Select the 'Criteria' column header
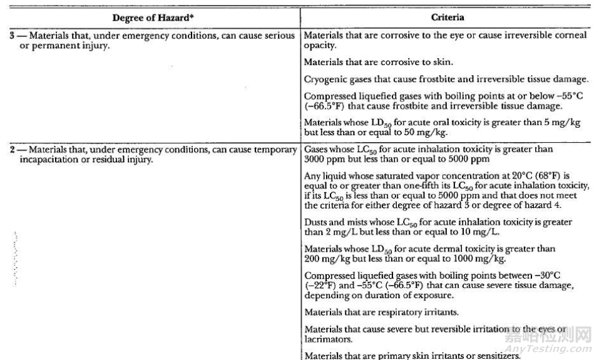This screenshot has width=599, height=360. click(448, 17)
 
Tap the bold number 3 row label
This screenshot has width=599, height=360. click(13, 36)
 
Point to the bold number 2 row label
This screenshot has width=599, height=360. click(13, 150)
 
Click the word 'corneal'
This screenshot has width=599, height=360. click(565, 36)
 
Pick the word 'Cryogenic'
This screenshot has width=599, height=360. click(325, 80)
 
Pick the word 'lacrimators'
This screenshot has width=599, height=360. click(327, 339)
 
